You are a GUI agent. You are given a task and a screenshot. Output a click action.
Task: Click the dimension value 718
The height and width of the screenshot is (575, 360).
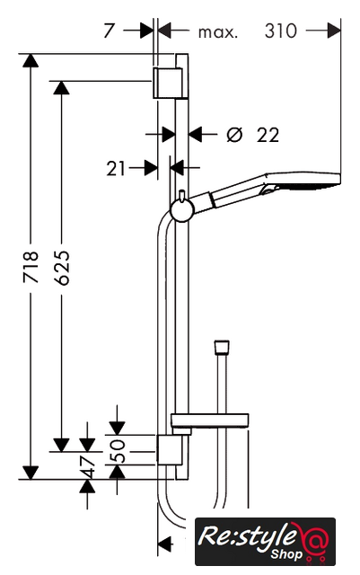tap(31, 267)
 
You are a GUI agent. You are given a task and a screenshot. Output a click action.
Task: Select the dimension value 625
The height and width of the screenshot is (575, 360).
tap(61, 268)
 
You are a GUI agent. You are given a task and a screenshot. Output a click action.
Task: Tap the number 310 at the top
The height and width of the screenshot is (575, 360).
tap(280, 31)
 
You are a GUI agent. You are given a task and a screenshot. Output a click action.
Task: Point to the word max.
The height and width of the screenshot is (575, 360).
tap(218, 32)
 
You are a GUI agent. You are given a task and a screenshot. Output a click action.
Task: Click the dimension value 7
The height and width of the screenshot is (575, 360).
tap(110, 31)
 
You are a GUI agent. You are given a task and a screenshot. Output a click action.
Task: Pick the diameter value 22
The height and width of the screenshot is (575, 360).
tap(268, 135)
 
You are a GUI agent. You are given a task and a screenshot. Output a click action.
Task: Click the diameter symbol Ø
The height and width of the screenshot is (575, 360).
tap(234, 135)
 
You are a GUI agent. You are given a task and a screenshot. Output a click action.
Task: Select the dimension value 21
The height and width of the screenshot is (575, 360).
tap(116, 169)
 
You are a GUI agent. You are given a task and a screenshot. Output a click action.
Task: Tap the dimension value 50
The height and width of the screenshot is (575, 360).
tap(118, 451)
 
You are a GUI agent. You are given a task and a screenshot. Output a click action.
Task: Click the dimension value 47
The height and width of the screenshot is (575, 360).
tap(88, 467)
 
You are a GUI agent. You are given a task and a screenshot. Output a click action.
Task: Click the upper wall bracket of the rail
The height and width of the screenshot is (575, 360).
tap(168, 83)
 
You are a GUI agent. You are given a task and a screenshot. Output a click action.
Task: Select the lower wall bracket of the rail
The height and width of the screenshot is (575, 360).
tap(170, 450)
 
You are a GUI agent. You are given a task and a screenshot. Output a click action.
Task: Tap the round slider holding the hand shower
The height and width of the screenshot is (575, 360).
tap(182, 211)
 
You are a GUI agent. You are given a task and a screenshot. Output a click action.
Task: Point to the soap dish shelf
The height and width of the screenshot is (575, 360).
tap(210, 420)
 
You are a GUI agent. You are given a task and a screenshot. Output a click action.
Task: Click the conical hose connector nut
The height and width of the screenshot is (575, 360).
tap(222, 348)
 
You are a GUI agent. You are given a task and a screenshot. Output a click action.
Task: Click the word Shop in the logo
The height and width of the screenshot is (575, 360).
tap(286, 554)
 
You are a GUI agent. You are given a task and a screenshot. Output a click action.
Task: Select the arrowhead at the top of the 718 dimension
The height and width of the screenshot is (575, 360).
tap(31, 60)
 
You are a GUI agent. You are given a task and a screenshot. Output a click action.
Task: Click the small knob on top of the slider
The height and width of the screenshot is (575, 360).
tap(182, 196)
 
